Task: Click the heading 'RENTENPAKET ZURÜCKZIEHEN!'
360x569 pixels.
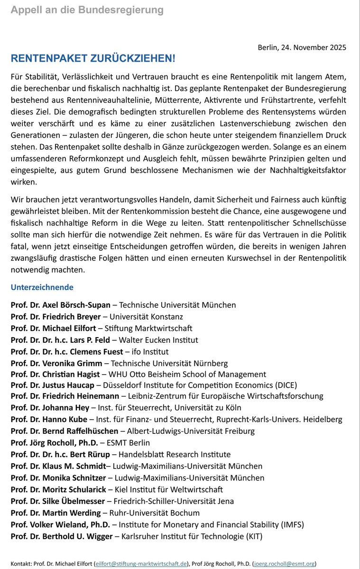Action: [93, 58]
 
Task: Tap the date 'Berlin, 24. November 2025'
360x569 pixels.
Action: [302, 47]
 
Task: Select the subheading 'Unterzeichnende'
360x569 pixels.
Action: [42, 287]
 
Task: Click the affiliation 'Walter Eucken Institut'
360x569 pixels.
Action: [158, 340]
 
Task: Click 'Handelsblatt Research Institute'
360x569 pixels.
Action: [175, 454]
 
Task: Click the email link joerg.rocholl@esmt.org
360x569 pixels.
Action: [285, 564]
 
